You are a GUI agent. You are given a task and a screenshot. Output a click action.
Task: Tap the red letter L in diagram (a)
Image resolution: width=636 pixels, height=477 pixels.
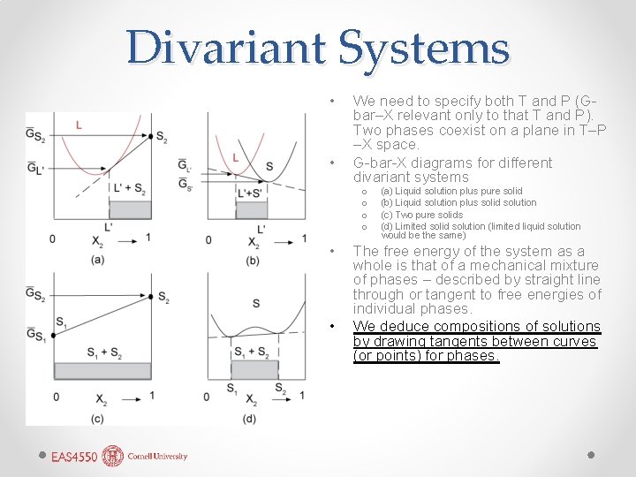(x=79, y=125)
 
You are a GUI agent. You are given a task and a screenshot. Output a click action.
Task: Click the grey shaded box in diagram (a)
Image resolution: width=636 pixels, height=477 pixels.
(x=91, y=211)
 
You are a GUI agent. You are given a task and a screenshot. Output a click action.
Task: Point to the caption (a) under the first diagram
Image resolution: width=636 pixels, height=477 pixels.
(x=98, y=260)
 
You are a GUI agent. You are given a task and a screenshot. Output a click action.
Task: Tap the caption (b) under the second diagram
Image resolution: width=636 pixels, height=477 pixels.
(x=253, y=260)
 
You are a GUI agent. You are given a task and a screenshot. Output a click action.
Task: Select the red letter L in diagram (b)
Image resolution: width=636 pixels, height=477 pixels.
(x=236, y=158)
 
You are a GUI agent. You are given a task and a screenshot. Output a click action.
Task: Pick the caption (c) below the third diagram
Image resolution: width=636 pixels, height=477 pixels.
(x=98, y=418)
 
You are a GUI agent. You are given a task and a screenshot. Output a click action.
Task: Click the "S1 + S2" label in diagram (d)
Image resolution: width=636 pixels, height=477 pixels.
(x=253, y=353)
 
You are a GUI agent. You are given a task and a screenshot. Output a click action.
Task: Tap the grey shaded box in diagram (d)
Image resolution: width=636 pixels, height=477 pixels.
(x=255, y=370)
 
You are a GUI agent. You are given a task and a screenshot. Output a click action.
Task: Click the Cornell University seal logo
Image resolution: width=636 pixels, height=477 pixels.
(x=113, y=456)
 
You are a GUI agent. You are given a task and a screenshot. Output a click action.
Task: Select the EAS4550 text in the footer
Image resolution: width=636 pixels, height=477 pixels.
(x=74, y=457)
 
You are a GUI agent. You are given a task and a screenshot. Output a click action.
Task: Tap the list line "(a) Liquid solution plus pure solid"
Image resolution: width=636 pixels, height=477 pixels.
(x=451, y=191)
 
